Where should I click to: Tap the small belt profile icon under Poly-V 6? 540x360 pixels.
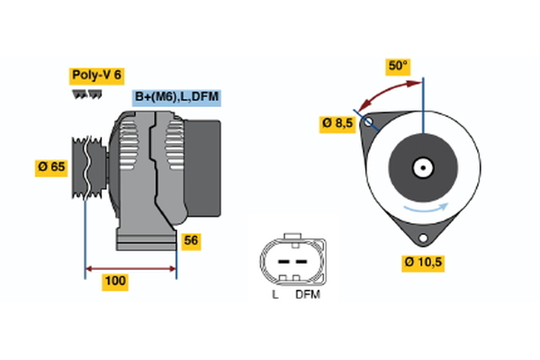coord(85,94)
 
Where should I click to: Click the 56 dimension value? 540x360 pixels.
coord(191,240)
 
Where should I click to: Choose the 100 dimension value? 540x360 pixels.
coord(115,282)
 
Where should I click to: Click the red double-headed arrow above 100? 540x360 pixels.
coord(130,267)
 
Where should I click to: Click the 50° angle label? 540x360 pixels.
coord(398,66)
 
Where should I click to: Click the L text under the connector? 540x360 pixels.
coord(275,294)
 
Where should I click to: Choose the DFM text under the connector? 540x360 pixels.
coord(307,294)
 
